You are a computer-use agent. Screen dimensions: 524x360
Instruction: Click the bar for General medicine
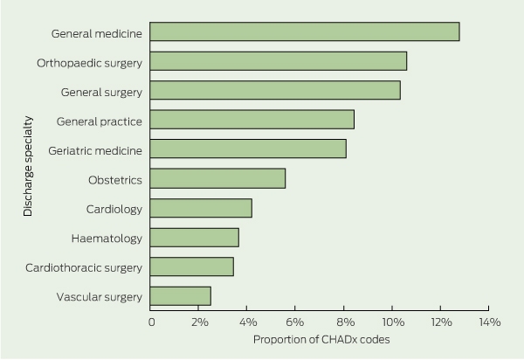pyautogui.click(x=305, y=31)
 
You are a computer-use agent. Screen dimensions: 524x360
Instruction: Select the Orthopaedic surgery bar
pyautogui.click(x=279, y=61)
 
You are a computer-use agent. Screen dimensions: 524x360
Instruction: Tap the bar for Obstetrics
pyautogui.click(x=217, y=178)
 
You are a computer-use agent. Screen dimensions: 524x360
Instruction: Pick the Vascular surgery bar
pyautogui.click(x=181, y=296)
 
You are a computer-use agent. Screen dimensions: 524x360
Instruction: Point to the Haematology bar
pyautogui.click(x=195, y=238)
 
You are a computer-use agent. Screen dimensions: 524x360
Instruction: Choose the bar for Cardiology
pyautogui.click(x=201, y=208)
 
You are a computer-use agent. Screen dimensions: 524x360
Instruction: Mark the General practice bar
pyautogui.click(x=252, y=120)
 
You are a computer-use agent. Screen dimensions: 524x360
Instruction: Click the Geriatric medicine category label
pyautogui.click(x=95, y=151)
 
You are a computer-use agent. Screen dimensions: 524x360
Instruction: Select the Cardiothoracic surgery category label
pyautogui.click(x=84, y=268)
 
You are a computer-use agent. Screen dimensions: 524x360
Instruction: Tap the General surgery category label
pyautogui.click(x=101, y=93)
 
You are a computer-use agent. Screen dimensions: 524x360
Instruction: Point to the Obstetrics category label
pyautogui.click(x=115, y=180)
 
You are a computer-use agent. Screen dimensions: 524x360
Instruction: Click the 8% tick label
pyautogui.click(x=346, y=322)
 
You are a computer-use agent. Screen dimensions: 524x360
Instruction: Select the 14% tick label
pyautogui.click(x=490, y=322)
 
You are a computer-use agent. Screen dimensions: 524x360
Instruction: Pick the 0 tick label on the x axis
pyautogui.click(x=152, y=322)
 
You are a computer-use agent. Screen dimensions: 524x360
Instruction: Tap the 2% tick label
pyautogui.click(x=200, y=322)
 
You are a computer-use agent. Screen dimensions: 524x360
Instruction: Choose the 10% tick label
pyautogui.click(x=393, y=322)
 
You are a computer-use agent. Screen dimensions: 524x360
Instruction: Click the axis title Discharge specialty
pyautogui.click(x=28, y=166)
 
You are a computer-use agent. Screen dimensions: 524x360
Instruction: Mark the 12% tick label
pyautogui.click(x=441, y=322)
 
